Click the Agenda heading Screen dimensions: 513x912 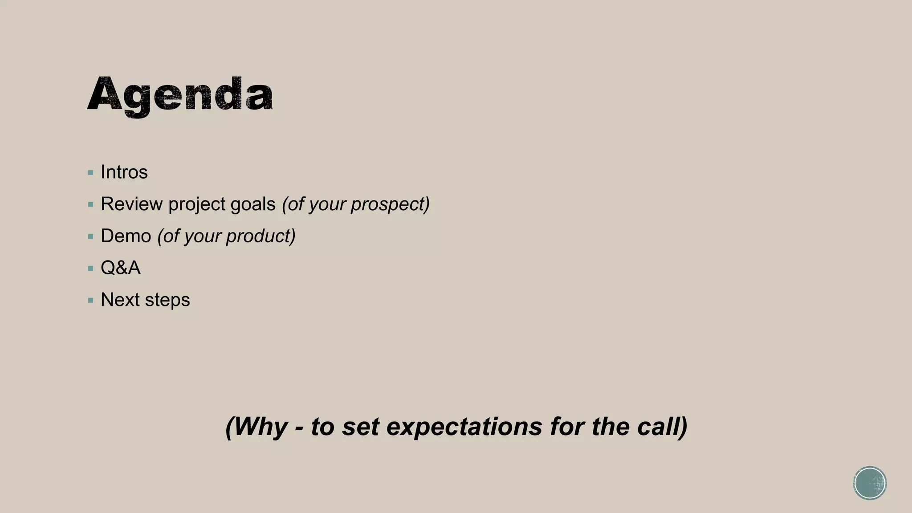click(x=180, y=96)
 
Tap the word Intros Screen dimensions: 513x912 click(x=124, y=172)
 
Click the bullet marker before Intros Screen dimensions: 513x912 click(x=91, y=173)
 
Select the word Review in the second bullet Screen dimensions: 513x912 click(x=131, y=204)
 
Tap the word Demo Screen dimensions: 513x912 click(x=126, y=236)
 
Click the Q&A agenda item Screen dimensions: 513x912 click(x=120, y=268)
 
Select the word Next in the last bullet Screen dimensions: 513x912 click(x=120, y=300)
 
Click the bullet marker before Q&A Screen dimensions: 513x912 click(x=91, y=269)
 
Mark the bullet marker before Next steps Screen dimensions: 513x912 click(x=91, y=301)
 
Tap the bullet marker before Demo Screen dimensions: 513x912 click(x=91, y=236)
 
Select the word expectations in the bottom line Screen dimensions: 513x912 click(x=464, y=427)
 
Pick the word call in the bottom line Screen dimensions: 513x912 click(x=662, y=427)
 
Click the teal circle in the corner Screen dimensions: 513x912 click(x=870, y=483)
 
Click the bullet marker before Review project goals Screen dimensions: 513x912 click(x=91, y=205)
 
